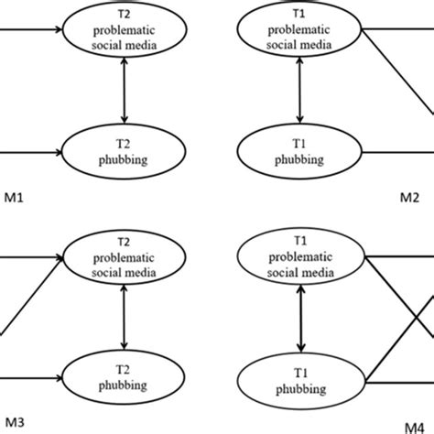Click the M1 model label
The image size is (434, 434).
11,196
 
